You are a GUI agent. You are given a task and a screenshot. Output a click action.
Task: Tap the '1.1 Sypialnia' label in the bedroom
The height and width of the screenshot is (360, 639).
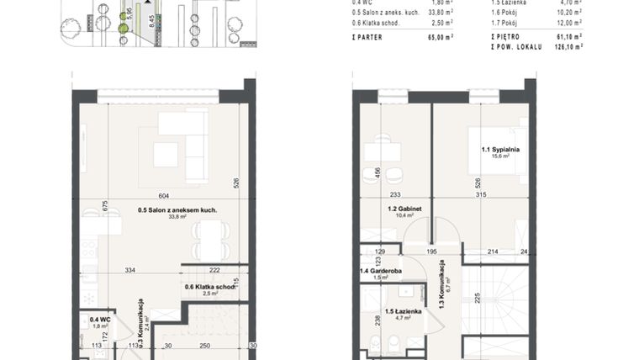tap(499, 150)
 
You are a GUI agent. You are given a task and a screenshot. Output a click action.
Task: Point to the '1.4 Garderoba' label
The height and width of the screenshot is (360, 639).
tap(380, 271)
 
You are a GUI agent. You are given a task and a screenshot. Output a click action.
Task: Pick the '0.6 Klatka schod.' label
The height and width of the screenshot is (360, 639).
tap(210, 287)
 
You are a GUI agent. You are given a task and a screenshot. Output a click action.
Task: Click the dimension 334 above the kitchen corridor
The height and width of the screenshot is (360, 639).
tap(130, 270)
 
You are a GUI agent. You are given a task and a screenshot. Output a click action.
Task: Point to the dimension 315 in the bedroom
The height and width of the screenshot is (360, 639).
tap(481, 195)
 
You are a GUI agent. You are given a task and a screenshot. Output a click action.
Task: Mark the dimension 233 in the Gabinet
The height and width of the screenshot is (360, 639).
tap(395, 195)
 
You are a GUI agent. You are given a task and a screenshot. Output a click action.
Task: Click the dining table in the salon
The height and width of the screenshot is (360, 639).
tap(210, 239)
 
